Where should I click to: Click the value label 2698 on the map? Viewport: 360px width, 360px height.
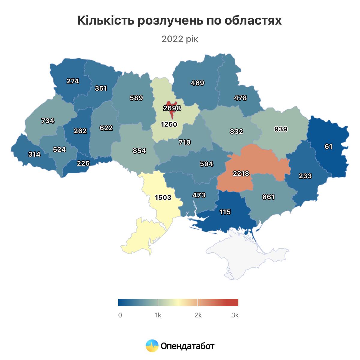172,108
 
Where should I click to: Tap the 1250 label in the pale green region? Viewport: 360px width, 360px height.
169,124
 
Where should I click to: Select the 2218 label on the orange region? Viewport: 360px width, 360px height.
241,173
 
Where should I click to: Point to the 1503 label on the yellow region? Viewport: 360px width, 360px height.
163,197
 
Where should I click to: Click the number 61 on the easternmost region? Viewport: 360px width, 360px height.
328,146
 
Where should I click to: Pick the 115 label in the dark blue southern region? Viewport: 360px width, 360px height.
225,212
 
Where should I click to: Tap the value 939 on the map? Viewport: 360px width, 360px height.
281,129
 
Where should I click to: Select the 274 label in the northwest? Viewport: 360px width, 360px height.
73,81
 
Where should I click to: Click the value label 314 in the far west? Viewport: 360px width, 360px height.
34,154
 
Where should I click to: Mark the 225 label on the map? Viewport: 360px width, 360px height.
83,163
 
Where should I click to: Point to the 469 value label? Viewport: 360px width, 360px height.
197,83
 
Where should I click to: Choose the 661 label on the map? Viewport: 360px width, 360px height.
268,197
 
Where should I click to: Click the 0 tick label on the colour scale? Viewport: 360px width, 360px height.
120,315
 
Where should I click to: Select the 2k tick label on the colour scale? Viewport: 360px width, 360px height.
198,315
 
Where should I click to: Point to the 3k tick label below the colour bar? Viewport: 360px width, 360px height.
235,315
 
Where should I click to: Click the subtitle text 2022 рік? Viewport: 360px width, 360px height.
180,39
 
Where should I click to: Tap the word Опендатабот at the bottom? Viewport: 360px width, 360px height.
187,346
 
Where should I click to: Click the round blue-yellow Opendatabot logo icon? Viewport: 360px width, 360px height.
152,346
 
